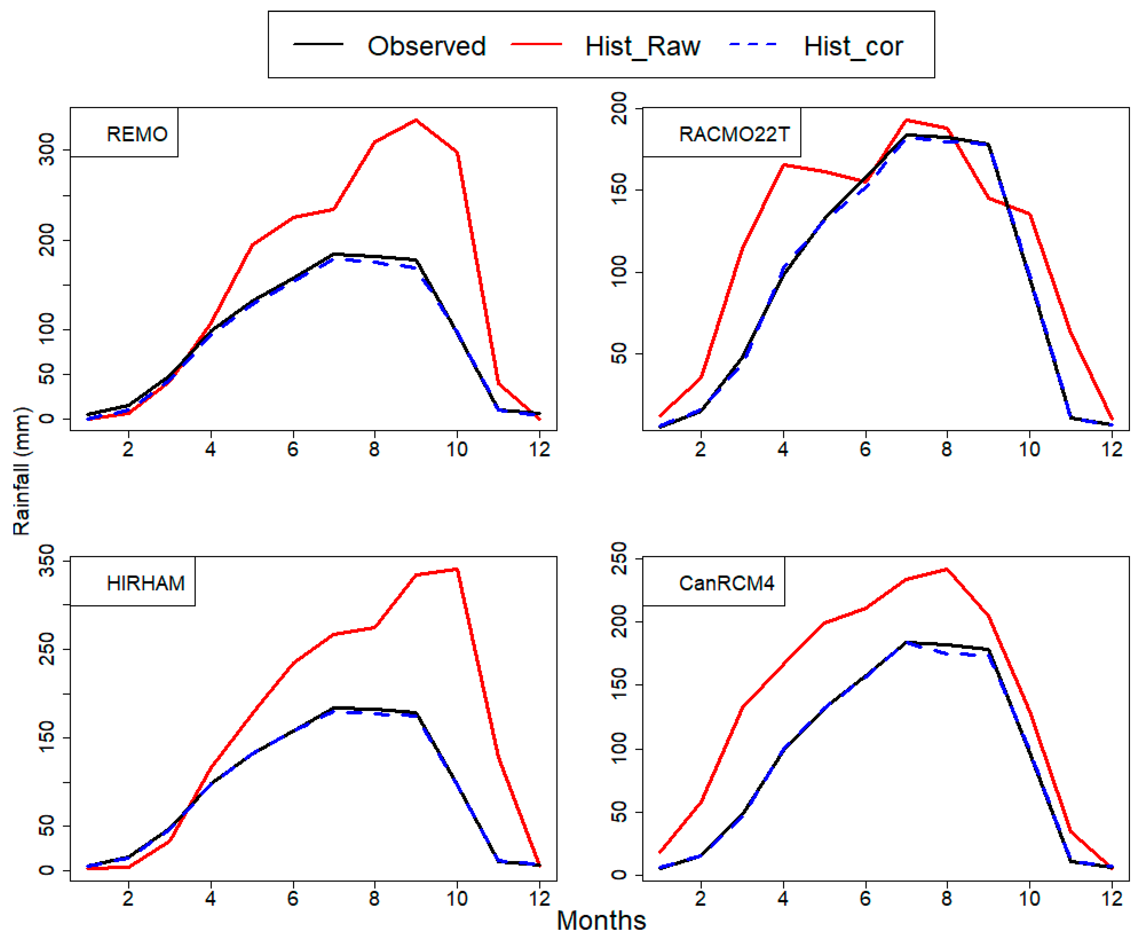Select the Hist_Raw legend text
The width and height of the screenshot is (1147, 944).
[x=642, y=46]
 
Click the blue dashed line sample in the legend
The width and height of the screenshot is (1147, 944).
[x=753, y=44]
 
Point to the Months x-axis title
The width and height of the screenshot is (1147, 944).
[x=601, y=921]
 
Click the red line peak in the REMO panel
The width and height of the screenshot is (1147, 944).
[x=416, y=120]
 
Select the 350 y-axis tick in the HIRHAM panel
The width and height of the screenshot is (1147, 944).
[x=47, y=561]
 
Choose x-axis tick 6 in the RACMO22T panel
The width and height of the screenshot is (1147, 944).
[x=865, y=449]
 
